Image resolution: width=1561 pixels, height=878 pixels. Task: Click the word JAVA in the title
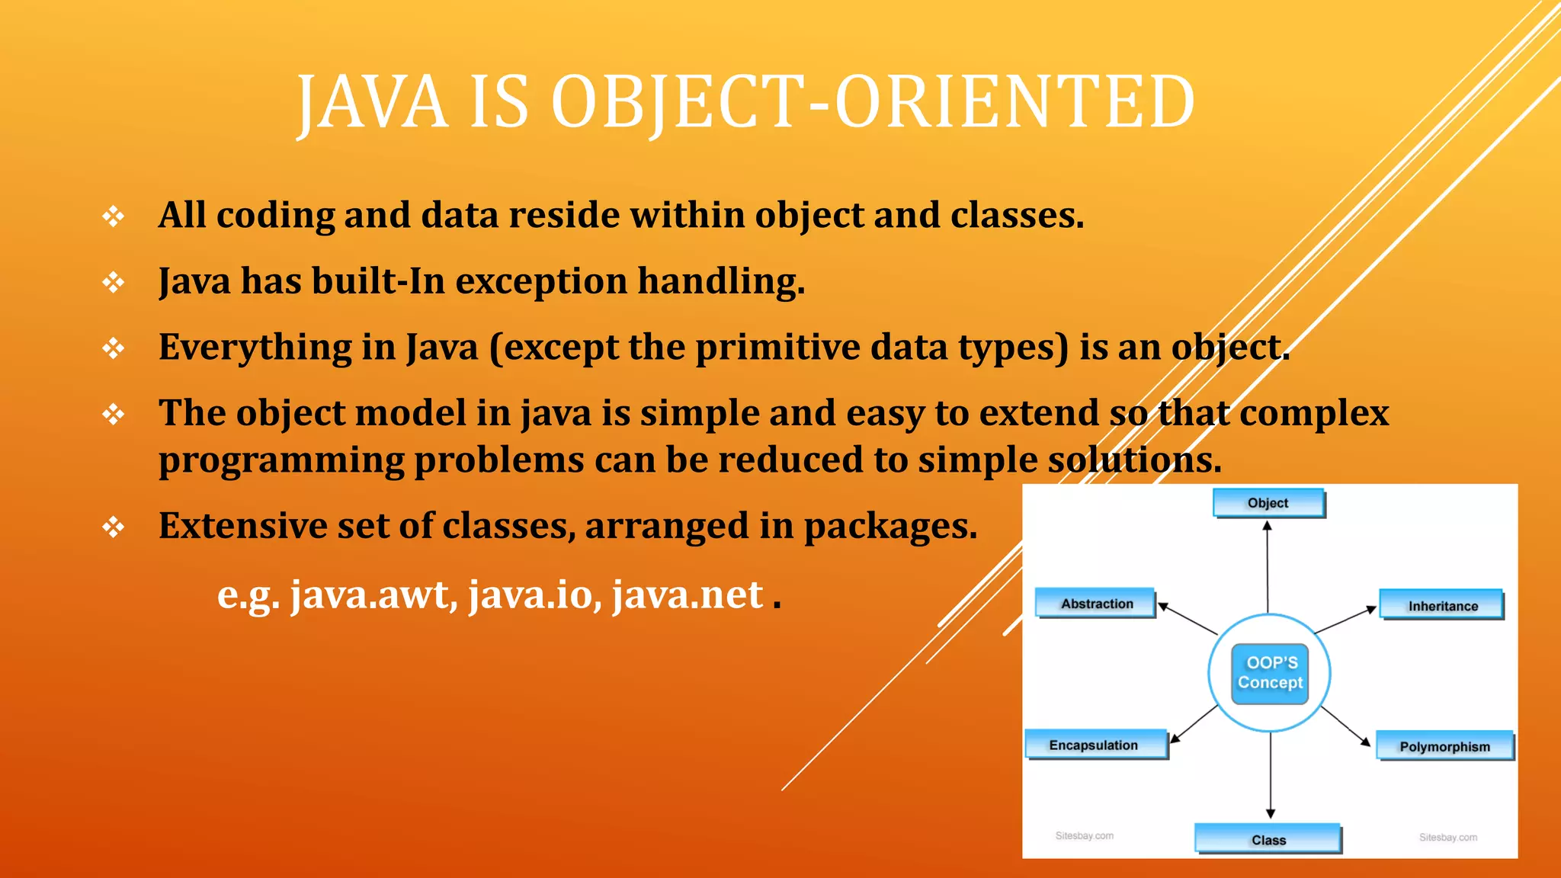point(372,103)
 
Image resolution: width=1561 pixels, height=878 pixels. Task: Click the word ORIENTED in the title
point(1015,103)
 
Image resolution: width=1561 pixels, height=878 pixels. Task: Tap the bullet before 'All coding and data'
point(114,216)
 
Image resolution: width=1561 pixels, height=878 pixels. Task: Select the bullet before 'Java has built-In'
point(114,283)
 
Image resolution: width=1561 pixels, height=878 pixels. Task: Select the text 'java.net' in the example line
point(688,594)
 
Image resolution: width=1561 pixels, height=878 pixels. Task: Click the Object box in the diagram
point(1268,503)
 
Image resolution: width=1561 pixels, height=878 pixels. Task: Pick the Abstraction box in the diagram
point(1095,603)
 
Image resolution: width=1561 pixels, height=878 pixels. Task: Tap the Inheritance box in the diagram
point(1441,605)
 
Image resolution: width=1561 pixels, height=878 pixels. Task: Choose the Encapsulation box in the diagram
point(1095,745)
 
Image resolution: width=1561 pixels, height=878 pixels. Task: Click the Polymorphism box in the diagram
point(1444,746)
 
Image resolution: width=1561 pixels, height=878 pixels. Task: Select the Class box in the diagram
point(1268,838)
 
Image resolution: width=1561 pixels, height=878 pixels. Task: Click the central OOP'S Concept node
point(1270,673)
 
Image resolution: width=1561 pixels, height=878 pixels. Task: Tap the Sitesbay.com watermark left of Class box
point(1084,836)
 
